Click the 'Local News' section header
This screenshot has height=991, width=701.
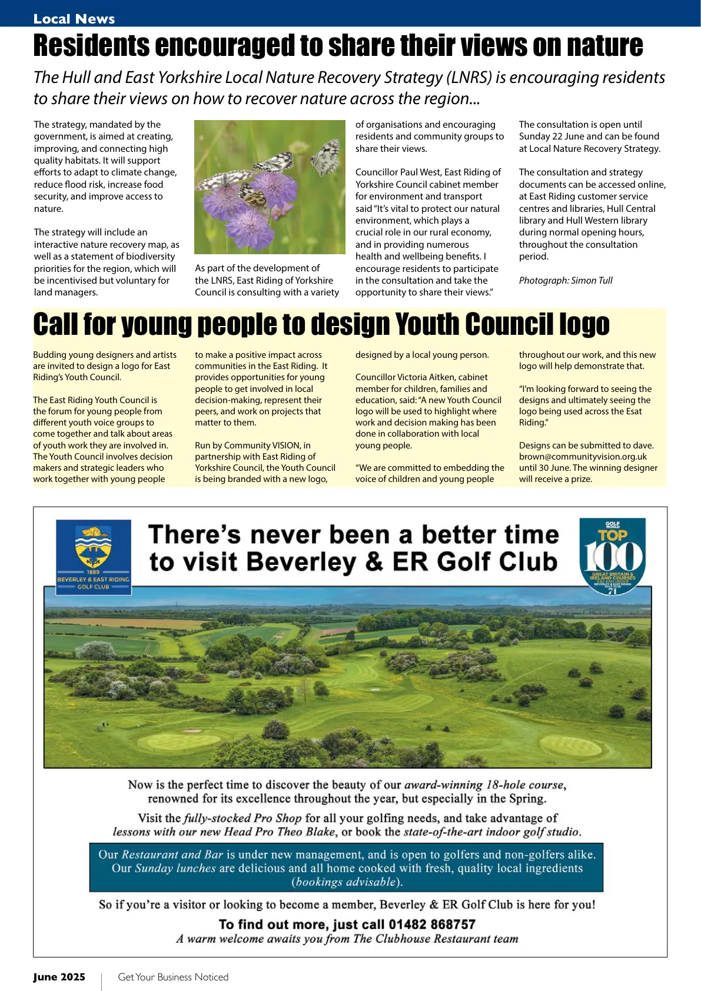pyautogui.click(x=74, y=19)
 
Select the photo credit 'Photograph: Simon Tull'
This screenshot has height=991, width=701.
pyautogui.click(x=566, y=281)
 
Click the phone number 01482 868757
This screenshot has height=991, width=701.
pyautogui.click(x=431, y=925)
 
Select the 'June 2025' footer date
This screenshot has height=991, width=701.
pyautogui.click(x=59, y=977)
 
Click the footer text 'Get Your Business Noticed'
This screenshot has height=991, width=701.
pyautogui.click(x=173, y=977)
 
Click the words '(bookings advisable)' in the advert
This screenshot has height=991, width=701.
pyautogui.click(x=347, y=882)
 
